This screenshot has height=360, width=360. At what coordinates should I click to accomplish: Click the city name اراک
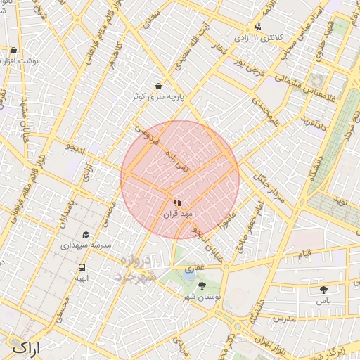coord(27,347)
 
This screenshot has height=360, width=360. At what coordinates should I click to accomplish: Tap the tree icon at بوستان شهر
coord(202,285)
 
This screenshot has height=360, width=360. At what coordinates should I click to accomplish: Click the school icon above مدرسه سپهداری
coord(86,235)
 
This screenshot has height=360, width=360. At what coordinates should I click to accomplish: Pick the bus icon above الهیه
coord(82,268)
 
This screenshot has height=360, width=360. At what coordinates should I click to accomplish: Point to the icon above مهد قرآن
coord(176,201)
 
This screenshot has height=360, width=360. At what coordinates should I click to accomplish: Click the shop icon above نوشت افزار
coord(13,51)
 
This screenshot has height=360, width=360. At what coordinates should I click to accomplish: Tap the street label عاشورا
coord(229,219)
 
